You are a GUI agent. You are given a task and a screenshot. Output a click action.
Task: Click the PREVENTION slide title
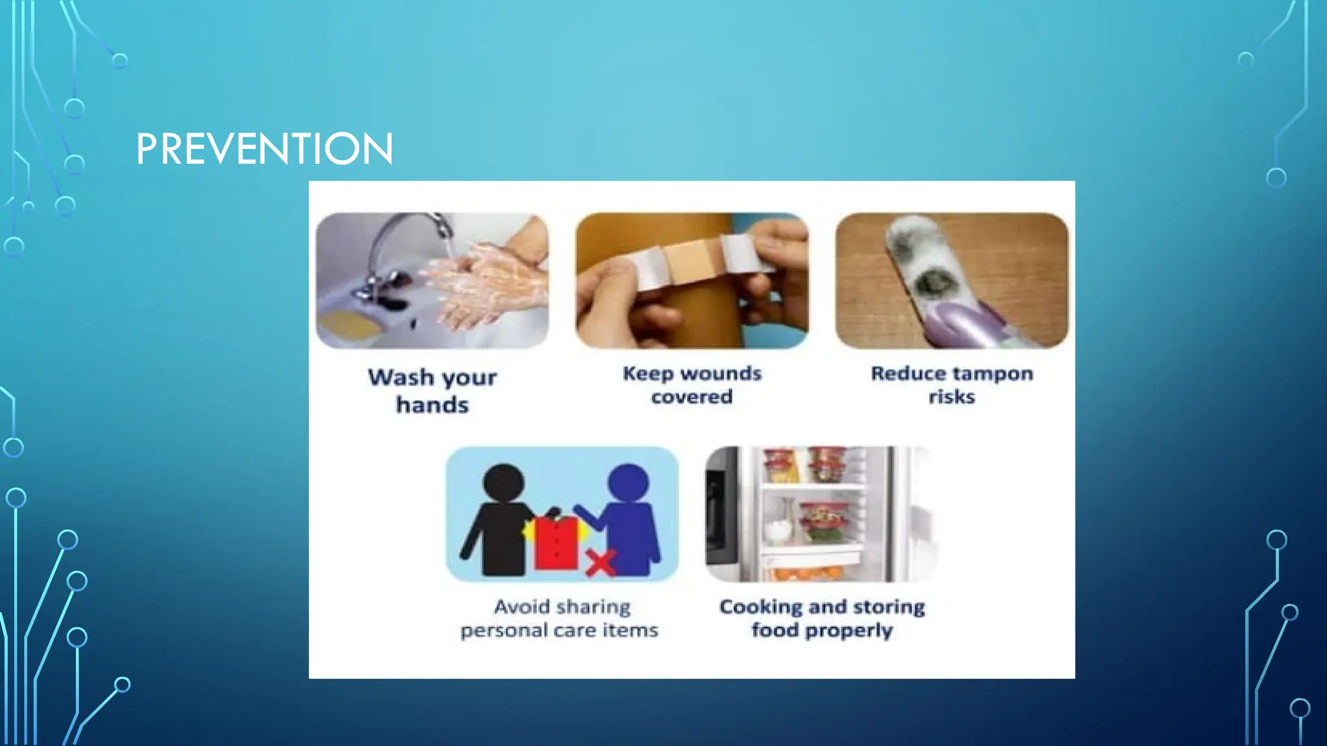click(264, 148)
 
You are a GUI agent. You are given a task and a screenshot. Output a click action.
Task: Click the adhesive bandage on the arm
click(690, 262)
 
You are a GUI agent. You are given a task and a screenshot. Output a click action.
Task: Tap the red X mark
click(601, 562)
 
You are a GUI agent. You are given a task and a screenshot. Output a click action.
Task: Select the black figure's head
click(503, 483)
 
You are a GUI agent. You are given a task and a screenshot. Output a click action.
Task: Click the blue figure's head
click(628, 483)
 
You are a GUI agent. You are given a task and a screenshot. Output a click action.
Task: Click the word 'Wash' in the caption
click(400, 377)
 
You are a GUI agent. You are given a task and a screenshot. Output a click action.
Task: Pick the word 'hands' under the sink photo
click(432, 405)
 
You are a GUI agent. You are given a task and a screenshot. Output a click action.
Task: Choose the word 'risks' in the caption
click(951, 396)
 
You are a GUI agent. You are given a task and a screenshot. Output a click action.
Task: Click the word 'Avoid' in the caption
click(522, 607)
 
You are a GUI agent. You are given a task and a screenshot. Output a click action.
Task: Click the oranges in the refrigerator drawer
click(807, 573)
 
